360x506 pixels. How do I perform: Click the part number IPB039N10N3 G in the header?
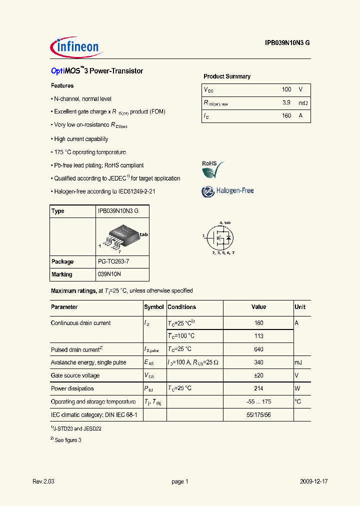click(287, 43)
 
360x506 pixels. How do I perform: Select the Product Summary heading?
click(227, 76)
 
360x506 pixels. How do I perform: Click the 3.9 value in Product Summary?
click(286, 102)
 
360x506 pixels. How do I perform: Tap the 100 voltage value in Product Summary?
click(286, 89)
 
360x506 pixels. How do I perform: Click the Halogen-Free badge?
click(227, 191)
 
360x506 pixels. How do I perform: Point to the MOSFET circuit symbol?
click(220, 238)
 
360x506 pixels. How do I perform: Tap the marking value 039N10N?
click(109, 274)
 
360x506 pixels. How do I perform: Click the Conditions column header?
click(182, 307)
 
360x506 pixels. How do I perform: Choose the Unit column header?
click(300, 307)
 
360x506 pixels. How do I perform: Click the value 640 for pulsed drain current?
click(258, 349)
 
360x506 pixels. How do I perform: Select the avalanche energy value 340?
click(258, 362)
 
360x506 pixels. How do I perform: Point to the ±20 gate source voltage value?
click(258, 375)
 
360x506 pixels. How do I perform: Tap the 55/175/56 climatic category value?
click(258, 415)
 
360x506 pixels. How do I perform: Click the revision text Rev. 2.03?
click(43, 481)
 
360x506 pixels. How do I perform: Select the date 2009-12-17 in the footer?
click(314, 481)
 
